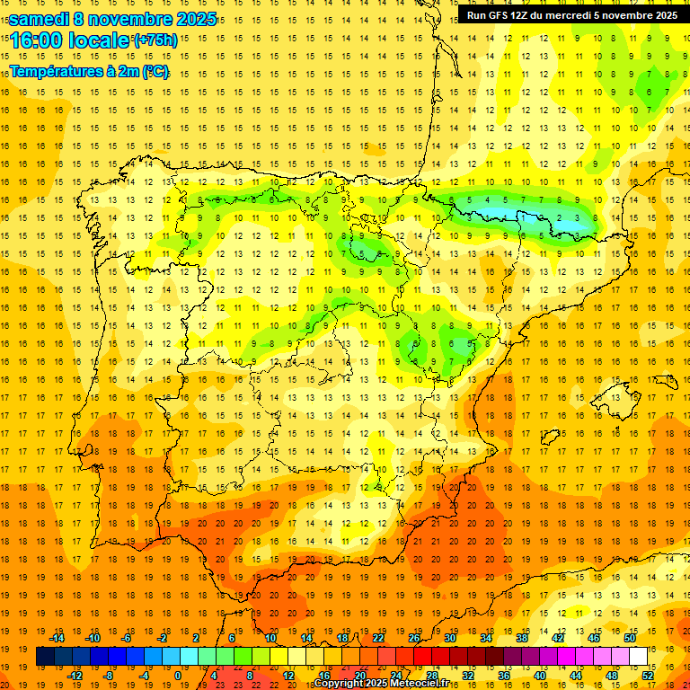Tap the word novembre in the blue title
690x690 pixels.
click(129, 19)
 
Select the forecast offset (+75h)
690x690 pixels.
click(155, 40)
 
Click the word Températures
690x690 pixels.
click(52, 72)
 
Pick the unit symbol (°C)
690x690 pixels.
click(155, 72)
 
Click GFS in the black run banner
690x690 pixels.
click(500, 15)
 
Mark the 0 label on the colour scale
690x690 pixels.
click(178, 676)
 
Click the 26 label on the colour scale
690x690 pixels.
click(413, 638)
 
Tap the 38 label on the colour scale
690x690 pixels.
click(521, 638)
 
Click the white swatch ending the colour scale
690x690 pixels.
click(638, 657)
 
